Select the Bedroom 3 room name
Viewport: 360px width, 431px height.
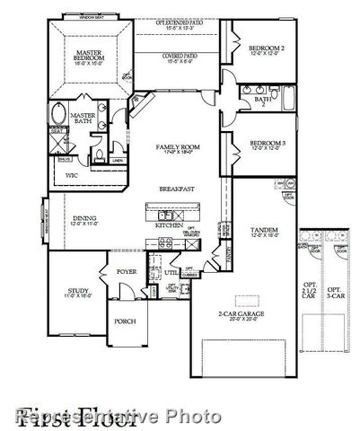click(x=267, y=143)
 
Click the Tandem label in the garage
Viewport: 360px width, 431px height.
click(x=263, y=230)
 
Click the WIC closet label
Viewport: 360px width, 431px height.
click(x=71, y=176)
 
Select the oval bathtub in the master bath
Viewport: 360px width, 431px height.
click(x=58, y=115)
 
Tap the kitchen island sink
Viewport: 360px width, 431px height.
click(x=164, y=215)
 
